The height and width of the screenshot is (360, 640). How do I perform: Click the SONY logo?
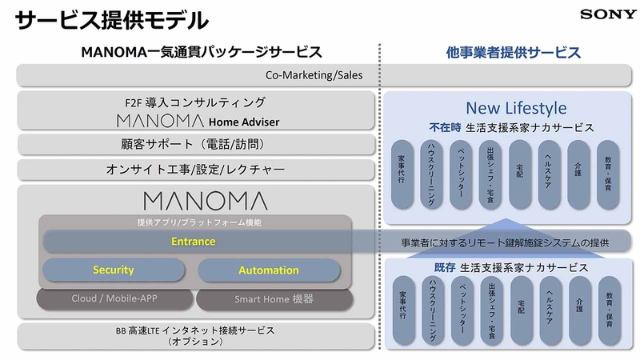point(609,14)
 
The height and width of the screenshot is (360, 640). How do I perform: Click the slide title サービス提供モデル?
point(112,19)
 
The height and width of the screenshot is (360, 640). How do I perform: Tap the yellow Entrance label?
point(194,241)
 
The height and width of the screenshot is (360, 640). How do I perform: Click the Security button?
point(113,270)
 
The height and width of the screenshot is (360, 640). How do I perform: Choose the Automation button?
point(268,270)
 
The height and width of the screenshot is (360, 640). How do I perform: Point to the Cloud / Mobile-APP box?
point(114,299)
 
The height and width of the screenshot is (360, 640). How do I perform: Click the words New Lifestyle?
point(515,107)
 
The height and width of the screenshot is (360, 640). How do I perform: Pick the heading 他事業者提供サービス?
point(513,53)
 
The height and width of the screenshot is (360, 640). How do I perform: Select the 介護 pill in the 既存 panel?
point(578,306)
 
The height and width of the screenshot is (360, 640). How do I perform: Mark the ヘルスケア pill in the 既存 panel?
point(549,306)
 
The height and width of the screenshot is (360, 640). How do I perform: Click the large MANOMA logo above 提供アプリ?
point(205,200)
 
